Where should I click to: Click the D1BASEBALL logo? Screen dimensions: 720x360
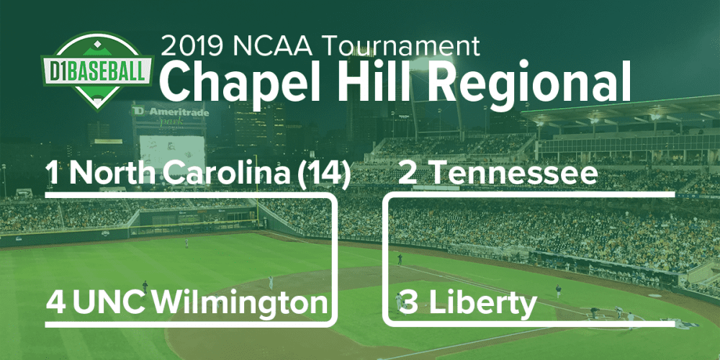[x=97, y=71]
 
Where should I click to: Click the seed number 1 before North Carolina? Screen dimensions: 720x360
[x=53, y=174]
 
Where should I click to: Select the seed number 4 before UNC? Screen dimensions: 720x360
[x=56, y=303]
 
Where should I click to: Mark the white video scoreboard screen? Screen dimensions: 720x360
[x=172, y=152]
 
